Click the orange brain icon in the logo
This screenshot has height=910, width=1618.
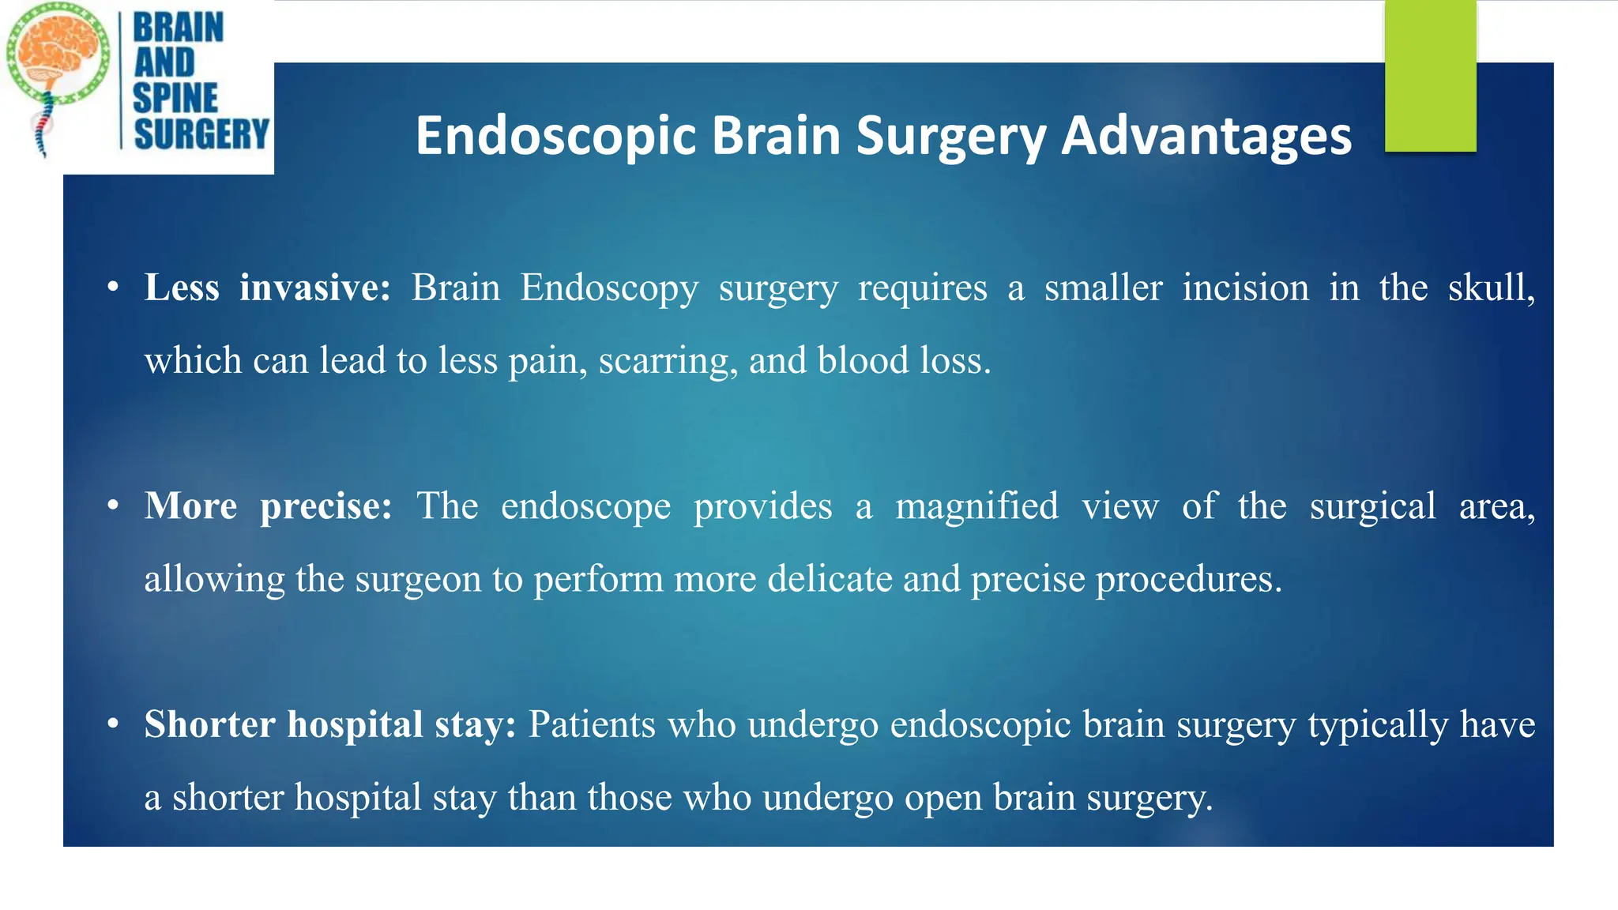point(59,47)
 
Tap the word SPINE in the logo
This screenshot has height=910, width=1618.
point(175,98)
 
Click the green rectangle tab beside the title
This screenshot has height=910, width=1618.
point(1430,76)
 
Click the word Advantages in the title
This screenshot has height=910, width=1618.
point(1206,136)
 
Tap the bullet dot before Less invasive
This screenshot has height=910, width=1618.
point(114,288)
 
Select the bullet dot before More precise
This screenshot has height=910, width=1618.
point(114,506)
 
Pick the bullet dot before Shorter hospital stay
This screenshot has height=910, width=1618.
point(114,724)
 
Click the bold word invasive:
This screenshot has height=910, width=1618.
point(315,288)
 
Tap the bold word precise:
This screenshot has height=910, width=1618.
point(326,506)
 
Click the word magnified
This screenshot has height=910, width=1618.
point(976,506)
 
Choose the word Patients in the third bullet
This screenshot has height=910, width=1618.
point(592,724)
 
